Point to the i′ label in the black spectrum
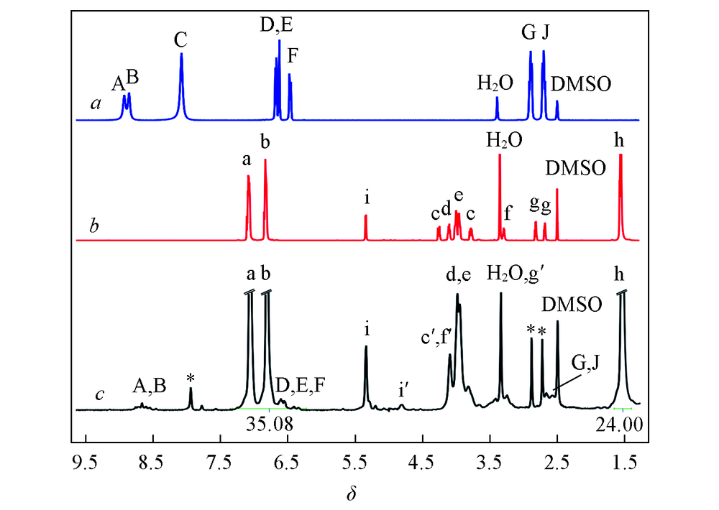(x=404, y=391)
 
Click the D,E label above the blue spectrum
(x=277, y=27)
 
